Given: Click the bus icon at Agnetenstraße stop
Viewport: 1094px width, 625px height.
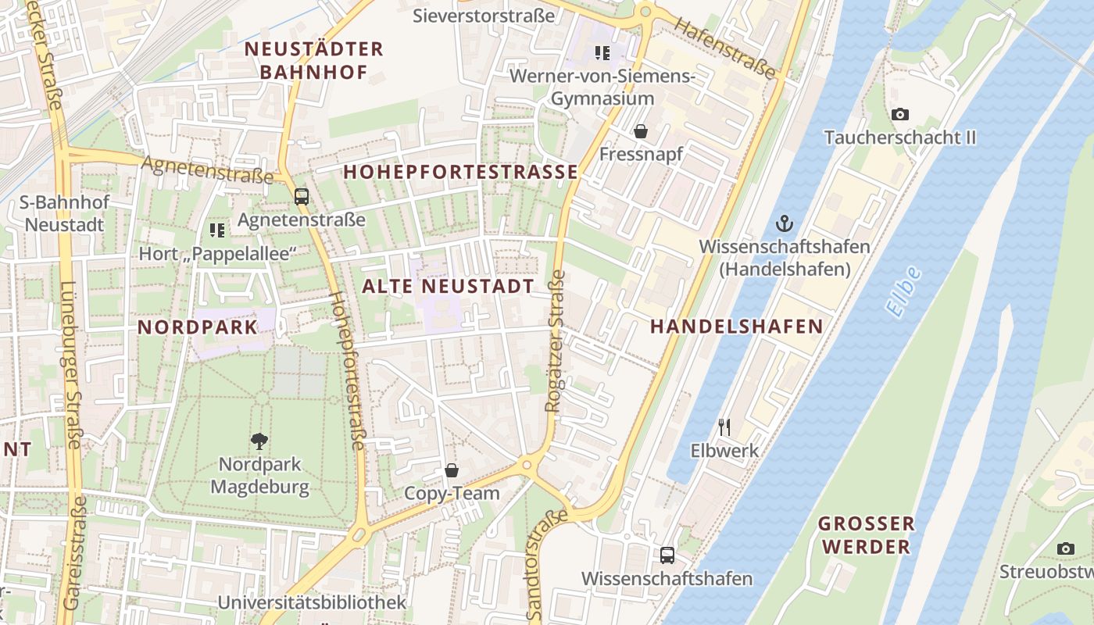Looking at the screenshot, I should [302, 197].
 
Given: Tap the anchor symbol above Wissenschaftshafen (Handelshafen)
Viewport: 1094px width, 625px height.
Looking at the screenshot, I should [784, 224].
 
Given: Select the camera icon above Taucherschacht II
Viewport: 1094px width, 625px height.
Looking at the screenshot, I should [900, 115].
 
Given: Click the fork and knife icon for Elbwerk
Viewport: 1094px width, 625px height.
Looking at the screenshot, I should [724, 427].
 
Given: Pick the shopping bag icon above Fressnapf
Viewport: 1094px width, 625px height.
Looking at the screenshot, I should [641, 131].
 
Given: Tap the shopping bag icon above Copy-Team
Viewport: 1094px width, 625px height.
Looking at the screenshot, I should [452, 470].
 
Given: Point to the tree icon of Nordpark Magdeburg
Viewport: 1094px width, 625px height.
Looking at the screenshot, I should [259, 441].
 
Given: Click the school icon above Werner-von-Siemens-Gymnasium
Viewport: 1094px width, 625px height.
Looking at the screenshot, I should [602, 53].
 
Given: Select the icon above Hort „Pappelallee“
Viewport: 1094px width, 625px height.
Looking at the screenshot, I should [217, 230].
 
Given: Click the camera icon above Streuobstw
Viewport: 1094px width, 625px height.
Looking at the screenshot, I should [1065, 549].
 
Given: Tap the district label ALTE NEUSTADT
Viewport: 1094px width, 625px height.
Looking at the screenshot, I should [448, 287].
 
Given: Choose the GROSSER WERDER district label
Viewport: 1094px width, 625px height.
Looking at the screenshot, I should [866, 534].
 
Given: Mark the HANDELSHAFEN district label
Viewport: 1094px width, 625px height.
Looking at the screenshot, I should [737, 327].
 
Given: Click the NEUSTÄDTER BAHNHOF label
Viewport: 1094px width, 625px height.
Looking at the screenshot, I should [314, 61].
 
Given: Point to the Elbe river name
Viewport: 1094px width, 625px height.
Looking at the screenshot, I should [904, 291].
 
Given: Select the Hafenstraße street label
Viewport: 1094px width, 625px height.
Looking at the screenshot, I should [726, 49].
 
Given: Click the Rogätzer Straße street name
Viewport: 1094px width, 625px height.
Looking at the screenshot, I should [555, 341].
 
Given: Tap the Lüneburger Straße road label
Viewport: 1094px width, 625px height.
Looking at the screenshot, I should [70, 364].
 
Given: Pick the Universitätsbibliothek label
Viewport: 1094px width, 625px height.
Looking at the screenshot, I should [312, 602].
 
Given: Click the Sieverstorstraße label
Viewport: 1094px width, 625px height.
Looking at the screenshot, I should [484, 16].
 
